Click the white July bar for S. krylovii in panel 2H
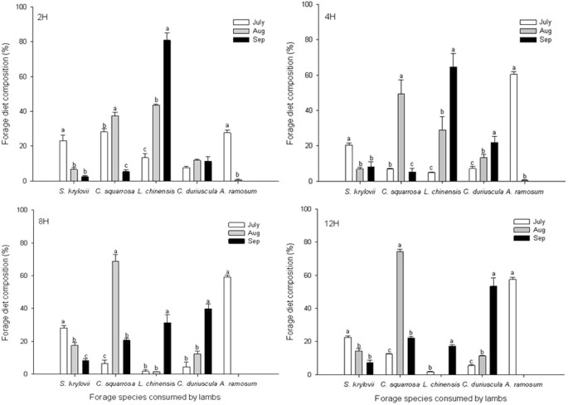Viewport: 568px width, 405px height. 63,161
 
